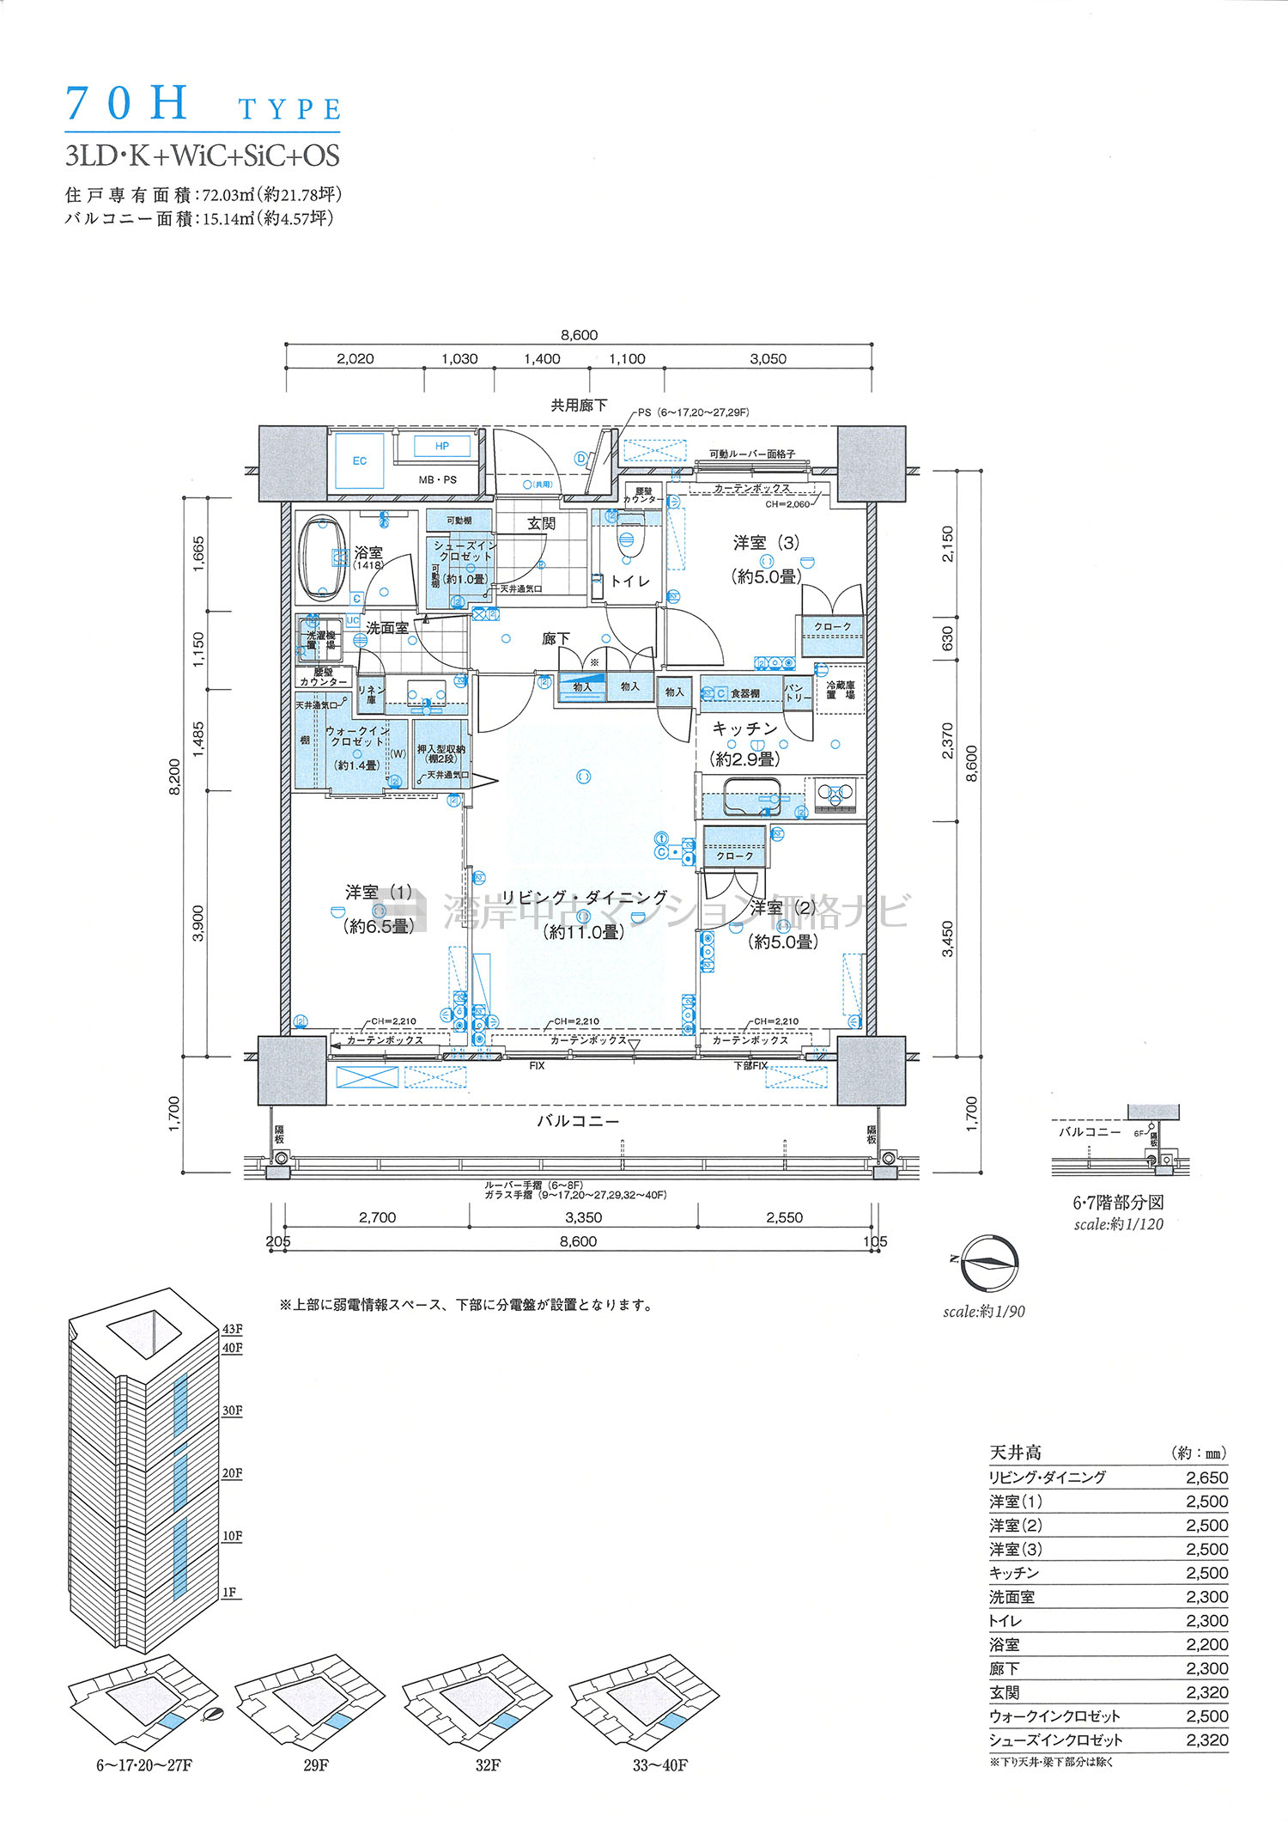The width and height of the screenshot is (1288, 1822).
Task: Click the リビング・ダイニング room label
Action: [584, 898]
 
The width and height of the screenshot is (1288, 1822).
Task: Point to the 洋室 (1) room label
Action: [379, 893]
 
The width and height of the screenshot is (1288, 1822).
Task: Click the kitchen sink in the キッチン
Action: [751, 796]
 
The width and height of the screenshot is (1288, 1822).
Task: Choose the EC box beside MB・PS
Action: [360, 461]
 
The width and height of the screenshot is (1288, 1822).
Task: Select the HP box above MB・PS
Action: [442, 446]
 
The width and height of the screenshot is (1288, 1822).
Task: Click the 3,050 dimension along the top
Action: [768, 359]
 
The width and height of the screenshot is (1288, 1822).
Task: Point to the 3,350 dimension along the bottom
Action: [583, 1217]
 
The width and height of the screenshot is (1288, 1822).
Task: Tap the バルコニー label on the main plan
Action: [578, 1121]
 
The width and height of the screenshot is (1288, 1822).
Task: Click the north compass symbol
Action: [989, 1263]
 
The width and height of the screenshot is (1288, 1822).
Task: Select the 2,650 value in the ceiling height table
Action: [1206, 1478]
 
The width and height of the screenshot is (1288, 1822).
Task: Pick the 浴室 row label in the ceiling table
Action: [1005, 1644]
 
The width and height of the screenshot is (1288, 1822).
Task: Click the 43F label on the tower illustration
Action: [232, 1329]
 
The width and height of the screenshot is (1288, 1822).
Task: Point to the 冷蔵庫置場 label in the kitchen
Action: [840, 690]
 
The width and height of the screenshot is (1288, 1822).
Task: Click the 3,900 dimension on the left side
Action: [198, 923]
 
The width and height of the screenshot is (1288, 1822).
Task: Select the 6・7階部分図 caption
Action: [1118, 1203]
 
